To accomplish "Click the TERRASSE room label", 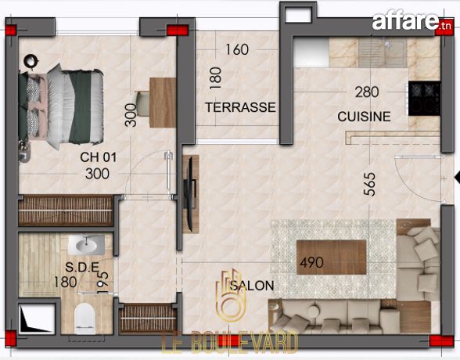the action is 240,107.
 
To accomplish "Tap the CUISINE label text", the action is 364,117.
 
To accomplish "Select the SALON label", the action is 252,286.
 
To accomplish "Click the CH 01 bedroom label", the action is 99,157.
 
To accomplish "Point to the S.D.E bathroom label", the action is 82,267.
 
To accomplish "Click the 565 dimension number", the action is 369,184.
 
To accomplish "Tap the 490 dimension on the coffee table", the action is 311,262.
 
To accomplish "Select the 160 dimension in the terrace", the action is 237,49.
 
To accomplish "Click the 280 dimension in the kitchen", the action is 367,92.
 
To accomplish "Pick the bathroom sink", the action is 87,244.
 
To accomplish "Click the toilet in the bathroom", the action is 84,319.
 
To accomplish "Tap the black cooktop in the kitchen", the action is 425,99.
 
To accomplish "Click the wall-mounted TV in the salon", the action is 190,194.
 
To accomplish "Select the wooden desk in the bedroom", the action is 163,103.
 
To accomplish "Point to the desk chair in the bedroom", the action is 142,103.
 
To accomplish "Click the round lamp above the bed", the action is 31,61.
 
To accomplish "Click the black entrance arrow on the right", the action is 457,177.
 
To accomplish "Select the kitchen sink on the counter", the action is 383,52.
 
